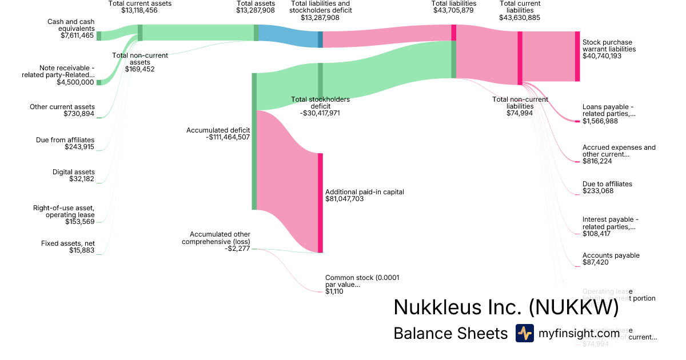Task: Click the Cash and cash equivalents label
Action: point(71,25)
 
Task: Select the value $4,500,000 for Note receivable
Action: point(75,82)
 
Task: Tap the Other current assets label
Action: point(62,107)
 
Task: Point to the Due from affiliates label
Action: point(73,140)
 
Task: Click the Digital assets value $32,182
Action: point(79,179)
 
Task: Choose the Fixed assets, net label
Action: point(68,243)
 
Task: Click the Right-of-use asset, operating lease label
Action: point(63,211)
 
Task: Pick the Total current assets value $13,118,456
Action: point(139,10)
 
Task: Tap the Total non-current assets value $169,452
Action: point(139,69)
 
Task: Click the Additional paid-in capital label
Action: point(364,192)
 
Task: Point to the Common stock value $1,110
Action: point(334,291)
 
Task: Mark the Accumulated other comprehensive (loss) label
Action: point(220,238)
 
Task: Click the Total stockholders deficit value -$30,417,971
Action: point(320,113)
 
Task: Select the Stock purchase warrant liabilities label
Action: point(607,46)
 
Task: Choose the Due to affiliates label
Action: point(607,184)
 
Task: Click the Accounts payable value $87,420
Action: point(595,263)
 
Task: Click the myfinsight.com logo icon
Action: point(525,333)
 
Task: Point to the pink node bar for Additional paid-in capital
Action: point(320,203)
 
